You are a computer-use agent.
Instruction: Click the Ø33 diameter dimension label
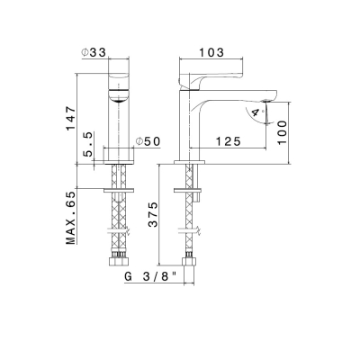pos(94,52)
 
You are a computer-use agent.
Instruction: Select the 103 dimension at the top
pos(211,52)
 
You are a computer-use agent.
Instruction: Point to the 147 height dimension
pos(71,118)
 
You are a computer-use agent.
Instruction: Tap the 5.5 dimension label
pos(89,145)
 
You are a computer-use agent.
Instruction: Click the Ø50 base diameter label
pos(148,141)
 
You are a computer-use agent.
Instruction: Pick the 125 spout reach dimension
pos(229,141)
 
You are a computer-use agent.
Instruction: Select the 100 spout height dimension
pos(282,132)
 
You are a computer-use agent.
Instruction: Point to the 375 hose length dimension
pos(153,214)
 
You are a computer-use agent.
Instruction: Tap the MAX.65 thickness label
pos(71,218)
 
